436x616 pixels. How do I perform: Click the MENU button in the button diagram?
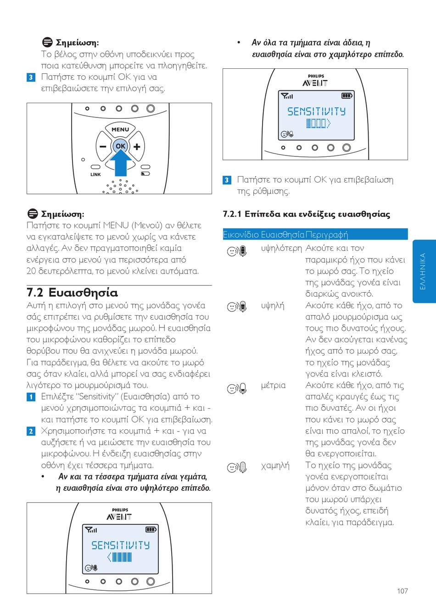point(120,130)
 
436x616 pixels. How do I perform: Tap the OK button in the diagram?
point(120,146)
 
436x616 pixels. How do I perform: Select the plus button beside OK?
point(136,147)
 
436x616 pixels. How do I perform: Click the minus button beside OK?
point(103,147)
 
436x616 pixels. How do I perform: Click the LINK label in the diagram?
point(95,175)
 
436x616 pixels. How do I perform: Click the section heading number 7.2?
point(35,293)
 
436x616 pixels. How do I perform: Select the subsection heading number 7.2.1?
point(232,214)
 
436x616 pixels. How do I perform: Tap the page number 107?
point(402,591)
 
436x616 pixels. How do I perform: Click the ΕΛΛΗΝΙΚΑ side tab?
point(423,271)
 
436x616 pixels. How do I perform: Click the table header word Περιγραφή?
point(327,235)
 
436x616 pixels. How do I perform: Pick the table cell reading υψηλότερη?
point(281,248)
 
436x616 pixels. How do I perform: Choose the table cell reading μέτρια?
point(273,385)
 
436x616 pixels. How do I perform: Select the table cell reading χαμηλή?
point(275,466)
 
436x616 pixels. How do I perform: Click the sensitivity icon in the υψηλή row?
point(237,306)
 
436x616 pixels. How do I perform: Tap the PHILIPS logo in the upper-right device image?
point(316,76)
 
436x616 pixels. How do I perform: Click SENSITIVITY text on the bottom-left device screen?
point(120,545)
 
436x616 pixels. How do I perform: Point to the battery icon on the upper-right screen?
point(347,96)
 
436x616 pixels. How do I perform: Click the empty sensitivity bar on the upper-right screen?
point(318,123)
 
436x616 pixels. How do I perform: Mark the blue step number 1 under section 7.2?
point(31,397)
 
